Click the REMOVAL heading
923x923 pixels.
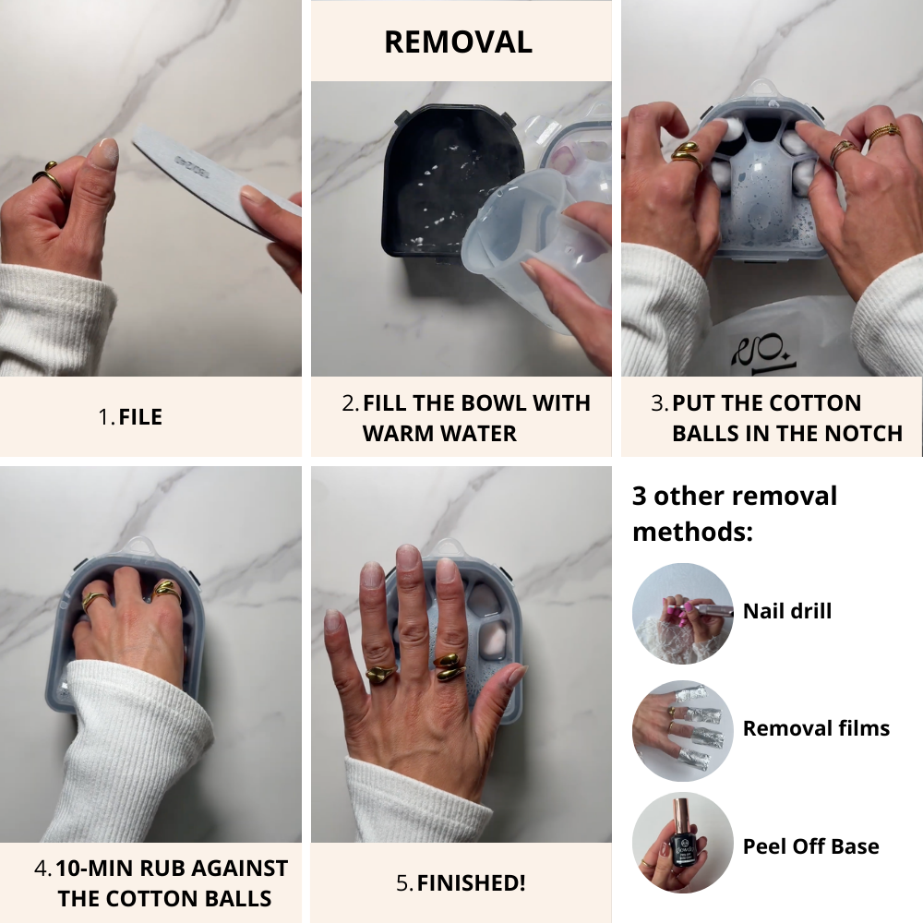coord(458,42)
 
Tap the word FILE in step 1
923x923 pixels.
coord(140,417)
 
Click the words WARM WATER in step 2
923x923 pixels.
coord(439,433)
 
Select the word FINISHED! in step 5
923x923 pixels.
coord(471,883)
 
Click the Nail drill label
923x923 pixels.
coord(787,611)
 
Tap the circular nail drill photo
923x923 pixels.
coord(683,614)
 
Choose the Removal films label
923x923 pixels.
coord(816,728)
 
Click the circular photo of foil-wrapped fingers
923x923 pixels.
coord(683,731)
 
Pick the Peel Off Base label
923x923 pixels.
coord(810,846)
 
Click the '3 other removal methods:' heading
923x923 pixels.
coord(734,513)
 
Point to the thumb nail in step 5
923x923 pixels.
coord(516,676)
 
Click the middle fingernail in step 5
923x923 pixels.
coord(408,556)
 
